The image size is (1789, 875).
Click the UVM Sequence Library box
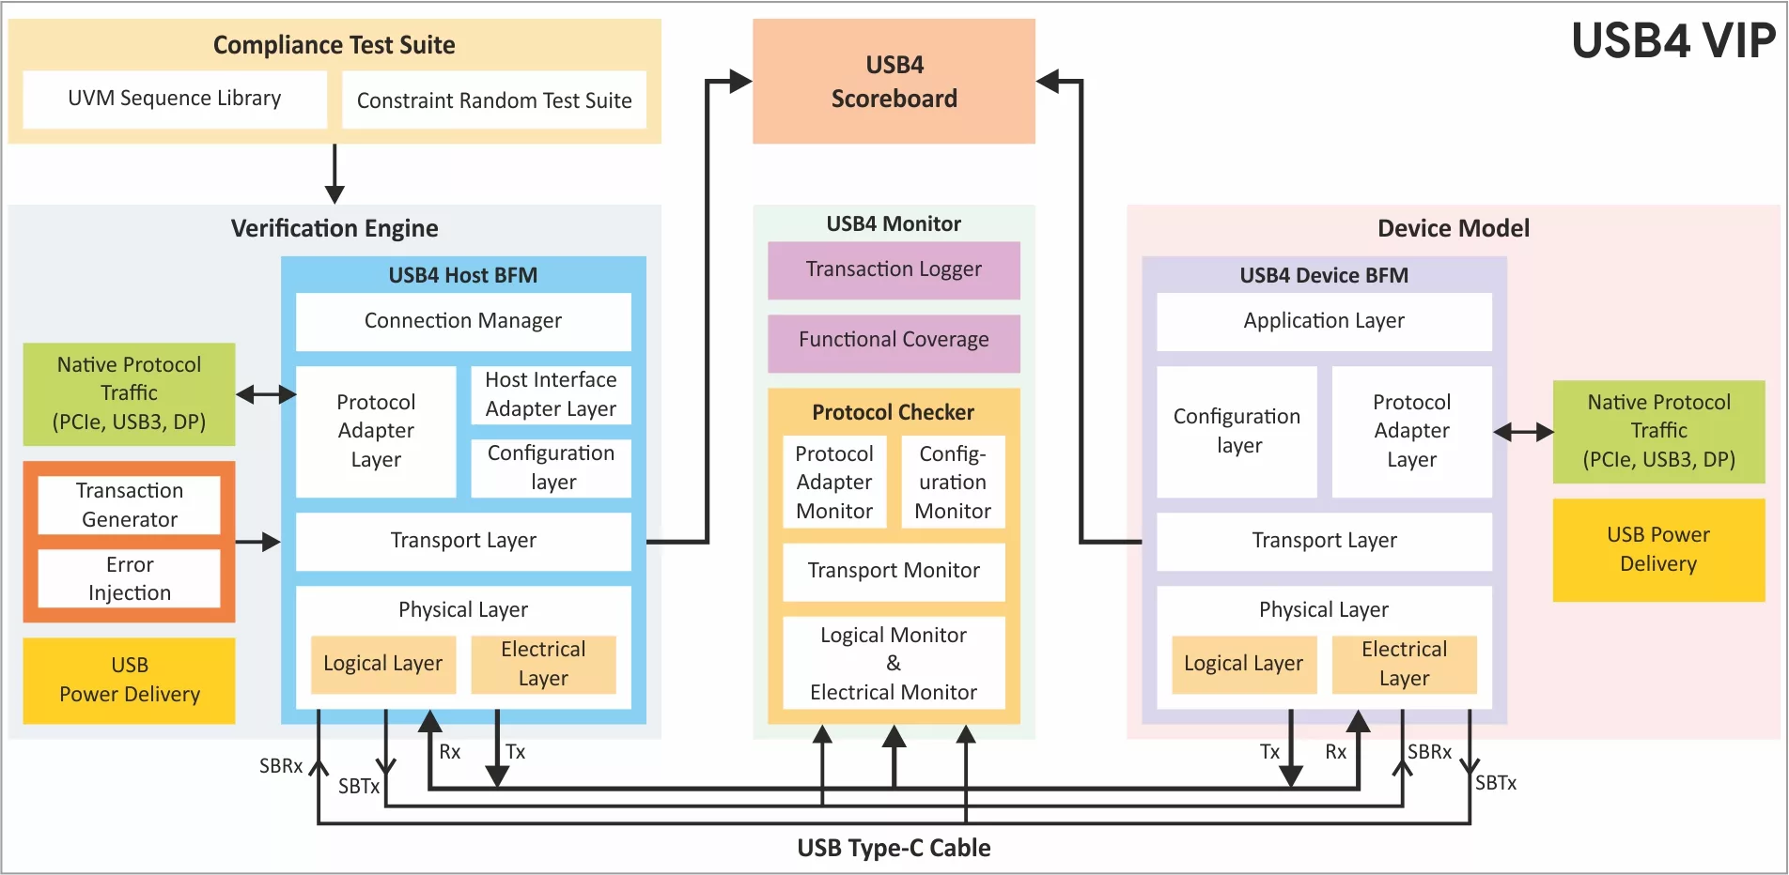coord(175,99)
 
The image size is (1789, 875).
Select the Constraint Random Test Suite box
coord(494,100)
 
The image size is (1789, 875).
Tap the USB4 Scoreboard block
coord(894,82)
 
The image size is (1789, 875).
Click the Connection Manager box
coord(463,321)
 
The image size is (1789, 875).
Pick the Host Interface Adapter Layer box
coord(551,394)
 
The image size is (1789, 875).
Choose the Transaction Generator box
coord(130,505)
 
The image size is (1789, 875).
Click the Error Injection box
coord(130,578)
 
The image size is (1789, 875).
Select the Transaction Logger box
coord(894,270)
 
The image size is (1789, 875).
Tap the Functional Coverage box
coord(894,341)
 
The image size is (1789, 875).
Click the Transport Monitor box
coord(894,571)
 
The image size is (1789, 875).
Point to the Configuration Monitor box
coord(953,483)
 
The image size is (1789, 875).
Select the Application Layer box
coord(1324,321)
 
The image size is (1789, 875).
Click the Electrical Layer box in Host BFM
coord(543,664)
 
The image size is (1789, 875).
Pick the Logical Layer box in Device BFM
coord(1243,664)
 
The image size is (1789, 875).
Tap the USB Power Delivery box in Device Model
coord(1658,549)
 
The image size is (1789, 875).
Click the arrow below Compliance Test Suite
coord(334,174)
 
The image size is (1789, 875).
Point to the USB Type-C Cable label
coord(894,848)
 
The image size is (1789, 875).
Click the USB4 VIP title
coord(1673,41)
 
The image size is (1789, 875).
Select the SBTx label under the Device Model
coord(1496,783)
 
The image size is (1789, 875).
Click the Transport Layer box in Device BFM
coord(1324,541)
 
